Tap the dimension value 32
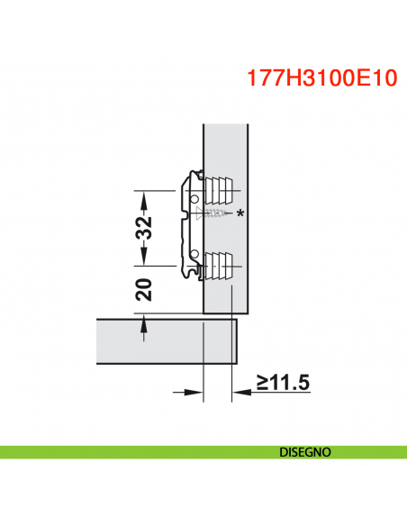point(143,229)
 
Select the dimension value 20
point(143,289)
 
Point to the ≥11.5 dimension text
point(282,384)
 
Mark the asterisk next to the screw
point(240,214)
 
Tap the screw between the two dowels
point(211,214)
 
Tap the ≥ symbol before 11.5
point(262,385)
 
